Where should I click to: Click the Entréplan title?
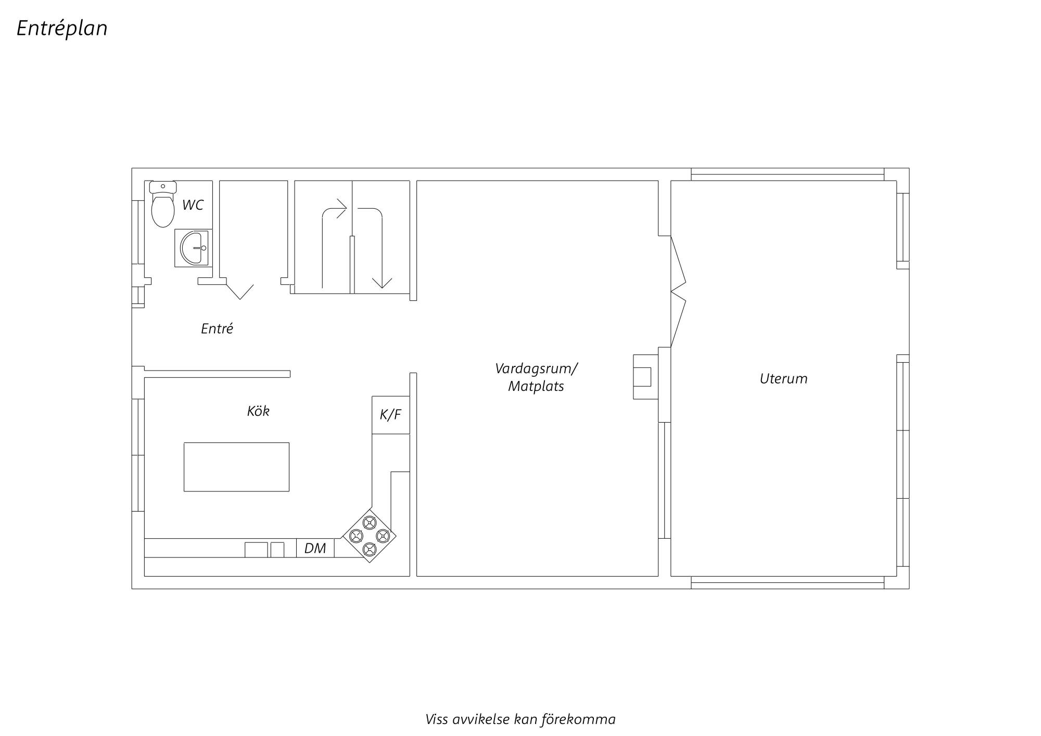pos(62,29)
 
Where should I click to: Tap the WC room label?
pos(193,205)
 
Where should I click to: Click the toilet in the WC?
pos(163,204)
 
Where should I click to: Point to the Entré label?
pos(217,328)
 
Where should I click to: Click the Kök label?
pos(258,411)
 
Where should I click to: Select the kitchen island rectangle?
pos(236,467)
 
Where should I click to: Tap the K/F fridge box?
pos(390,415)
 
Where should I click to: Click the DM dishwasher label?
pos(315,548)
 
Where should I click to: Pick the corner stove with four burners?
pos(369,535)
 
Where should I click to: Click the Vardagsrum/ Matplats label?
pos(536,377)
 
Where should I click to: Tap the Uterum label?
pos(783,379)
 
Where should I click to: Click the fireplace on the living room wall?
pos(646,376)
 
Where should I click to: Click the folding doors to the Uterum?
pos(678,291)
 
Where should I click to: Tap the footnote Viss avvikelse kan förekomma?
pos(520,719)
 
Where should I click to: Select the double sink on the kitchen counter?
pos(264,550)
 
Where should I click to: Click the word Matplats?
pos(536,387)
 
